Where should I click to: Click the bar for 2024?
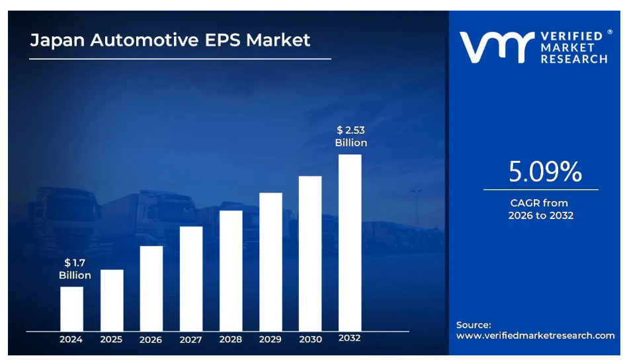tap(71, 308)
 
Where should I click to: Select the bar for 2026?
tap(151, 288)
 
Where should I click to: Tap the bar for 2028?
tap(230, 271)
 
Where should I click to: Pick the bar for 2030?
tap(310, 253)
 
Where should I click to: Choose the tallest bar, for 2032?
tap(350, 242)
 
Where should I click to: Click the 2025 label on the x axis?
tap(111, 339)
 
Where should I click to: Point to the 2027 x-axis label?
tap(190, 339)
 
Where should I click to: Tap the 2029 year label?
tap(270, 339)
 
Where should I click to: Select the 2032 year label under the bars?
tap(350, 338)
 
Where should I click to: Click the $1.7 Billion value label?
tap(75, 269)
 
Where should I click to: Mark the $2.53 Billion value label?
tap(351, 136)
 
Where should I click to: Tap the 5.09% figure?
tap(545, 172)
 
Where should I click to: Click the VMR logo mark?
tap(496, 48)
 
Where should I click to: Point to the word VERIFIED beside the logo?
tap(571, 36)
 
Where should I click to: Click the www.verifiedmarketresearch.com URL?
tap(535, 336)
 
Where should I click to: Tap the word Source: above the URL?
tap(474, 325)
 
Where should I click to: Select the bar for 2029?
tap(270, 261)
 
